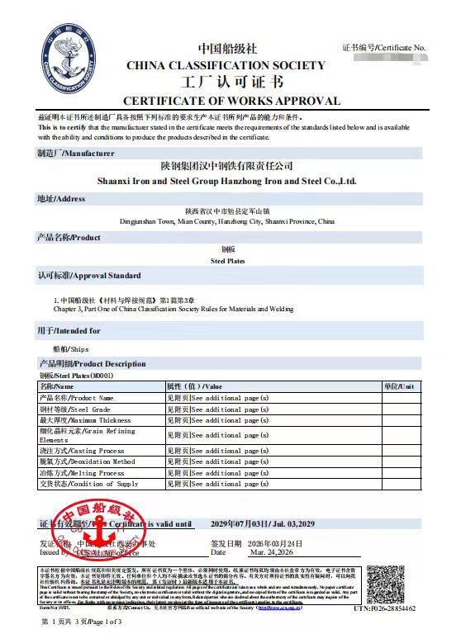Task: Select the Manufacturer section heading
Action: pos(76,154)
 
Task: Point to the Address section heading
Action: pos(61,199)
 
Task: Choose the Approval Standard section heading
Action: pos(89,275)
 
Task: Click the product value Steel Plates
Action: pos(227,260)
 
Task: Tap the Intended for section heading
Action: pos(69,330)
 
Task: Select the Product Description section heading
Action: pos(93,363)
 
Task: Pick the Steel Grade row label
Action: pos(75,409)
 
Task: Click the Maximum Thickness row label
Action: pos(85,420)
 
